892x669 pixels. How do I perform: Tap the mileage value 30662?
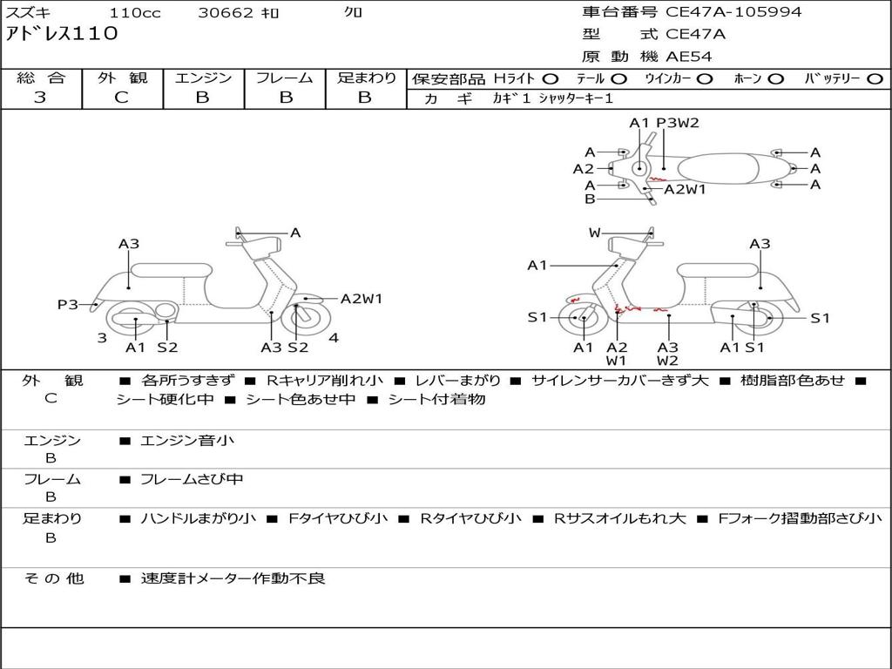pos(226,13)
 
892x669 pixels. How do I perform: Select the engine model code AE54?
pos(689,57)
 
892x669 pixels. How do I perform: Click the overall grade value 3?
pos(40,98)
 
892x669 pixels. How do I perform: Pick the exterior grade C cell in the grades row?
pos(121,98)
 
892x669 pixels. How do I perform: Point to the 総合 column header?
pos(41,78)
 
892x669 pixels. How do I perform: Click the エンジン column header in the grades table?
pos(203,78)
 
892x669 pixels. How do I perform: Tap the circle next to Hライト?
pos(551,79)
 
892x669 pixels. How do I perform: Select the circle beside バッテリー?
pos(875,79)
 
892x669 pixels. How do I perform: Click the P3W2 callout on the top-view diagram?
pos(678,123)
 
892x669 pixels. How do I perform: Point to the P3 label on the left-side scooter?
pos(68,304)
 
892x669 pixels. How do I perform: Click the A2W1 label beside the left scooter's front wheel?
pos(362,299)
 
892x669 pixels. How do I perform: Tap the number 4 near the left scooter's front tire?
pos(334,337)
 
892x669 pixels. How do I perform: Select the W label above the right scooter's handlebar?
pos(595,233)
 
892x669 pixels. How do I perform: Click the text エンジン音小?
pos(187,441)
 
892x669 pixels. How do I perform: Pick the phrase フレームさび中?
pos(192,479)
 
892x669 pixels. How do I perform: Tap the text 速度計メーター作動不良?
pos(233,578)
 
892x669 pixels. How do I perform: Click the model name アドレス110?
pos(62,35)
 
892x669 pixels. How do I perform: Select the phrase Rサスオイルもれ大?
pos(620,518)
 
